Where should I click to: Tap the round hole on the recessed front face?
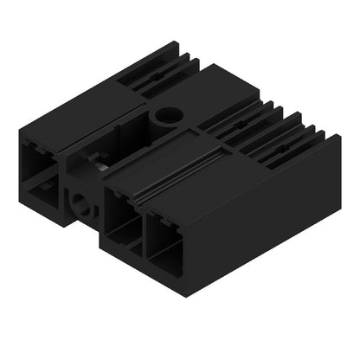[x=82, y=205]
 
